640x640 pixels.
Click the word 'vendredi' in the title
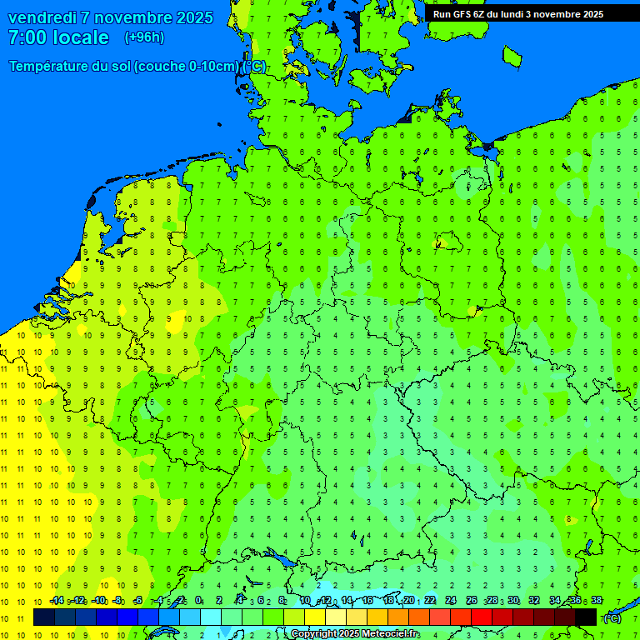42,17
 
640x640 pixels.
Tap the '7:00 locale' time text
58,37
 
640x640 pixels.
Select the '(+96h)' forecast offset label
144,37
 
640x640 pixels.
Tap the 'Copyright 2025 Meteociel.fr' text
355,634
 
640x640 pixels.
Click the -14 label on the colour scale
57,601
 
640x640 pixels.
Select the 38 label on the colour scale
596,601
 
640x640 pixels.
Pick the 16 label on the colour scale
367,601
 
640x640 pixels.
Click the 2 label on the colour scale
219,601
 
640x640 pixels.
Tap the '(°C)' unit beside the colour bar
612,617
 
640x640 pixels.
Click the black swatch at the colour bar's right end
586,617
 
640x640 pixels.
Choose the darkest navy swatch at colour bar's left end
44,617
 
